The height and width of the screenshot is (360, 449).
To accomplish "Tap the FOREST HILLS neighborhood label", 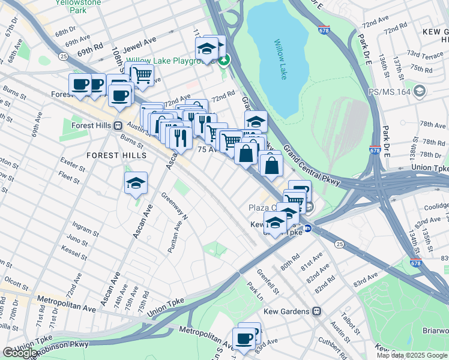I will click(x=116, y=155).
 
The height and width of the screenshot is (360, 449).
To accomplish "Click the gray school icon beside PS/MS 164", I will click(x=420, y=92).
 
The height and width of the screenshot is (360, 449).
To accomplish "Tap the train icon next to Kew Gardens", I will click(x=316, y=311).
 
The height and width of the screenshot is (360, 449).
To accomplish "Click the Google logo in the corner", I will click(x=19, y=353).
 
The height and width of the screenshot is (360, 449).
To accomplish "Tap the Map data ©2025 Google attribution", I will click(x=411, y=355).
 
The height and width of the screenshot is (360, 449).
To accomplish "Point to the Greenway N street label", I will click(x=174, y=206).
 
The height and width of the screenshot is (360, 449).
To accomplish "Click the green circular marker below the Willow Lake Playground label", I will click(x=224, y=61).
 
